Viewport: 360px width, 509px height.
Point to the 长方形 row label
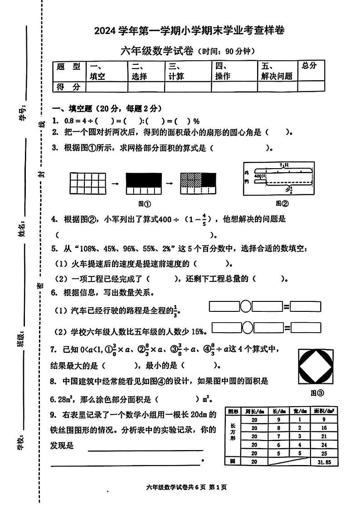[233, 432]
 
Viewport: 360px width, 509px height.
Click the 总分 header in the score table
[309, 66]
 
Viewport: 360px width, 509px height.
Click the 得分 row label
[68, 87]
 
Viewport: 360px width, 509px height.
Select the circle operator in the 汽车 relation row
[245, 307]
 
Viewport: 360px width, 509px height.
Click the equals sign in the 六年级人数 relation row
[287, 327]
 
